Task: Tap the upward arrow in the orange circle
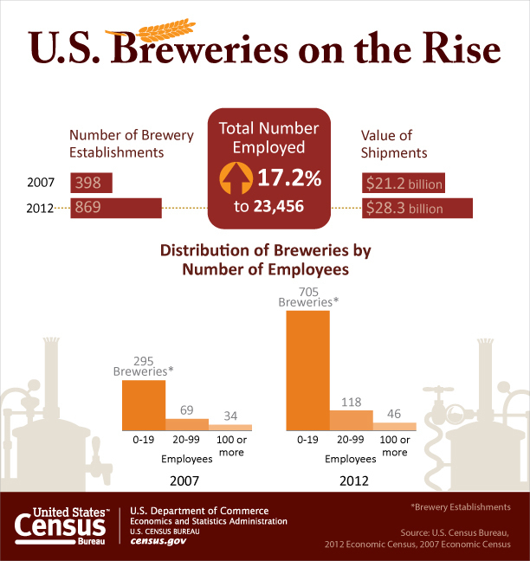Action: coord(234,179)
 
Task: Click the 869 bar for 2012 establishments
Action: coord(116,209)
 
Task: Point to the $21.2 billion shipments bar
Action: coord(404,184)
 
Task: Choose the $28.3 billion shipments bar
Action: coord(417,209)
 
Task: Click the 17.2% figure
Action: coord(289,179)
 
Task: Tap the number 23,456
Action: coord(288,207)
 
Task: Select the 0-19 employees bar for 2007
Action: coord(144,405)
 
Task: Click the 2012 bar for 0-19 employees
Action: coord(307,371)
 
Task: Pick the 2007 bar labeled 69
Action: coord(187,424)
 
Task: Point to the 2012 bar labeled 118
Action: coord(351,420)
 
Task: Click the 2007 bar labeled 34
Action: coord(230,427)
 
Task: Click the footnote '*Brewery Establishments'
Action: coord(460,506)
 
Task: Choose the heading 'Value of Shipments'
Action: coord(394,144)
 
